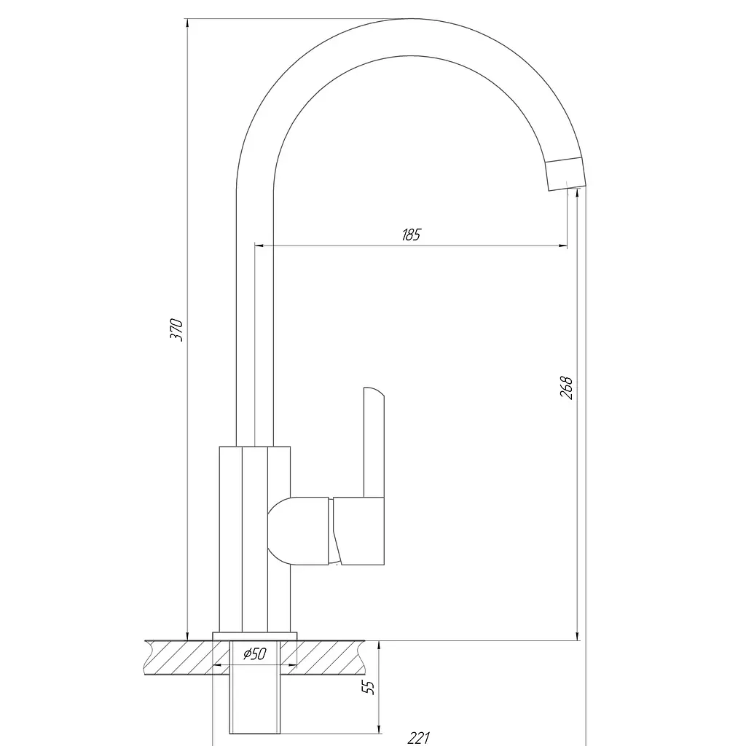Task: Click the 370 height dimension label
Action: (176, 329)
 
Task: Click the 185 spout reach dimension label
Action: (411, 235)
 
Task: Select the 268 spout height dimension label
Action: (565, 388)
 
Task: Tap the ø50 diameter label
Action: (254, 653)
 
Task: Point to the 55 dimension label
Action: (368, 687)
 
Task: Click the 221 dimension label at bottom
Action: (419, 738)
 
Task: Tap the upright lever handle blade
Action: (374, 442)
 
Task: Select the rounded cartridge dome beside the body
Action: (298, 531)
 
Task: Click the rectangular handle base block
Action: (358, 531)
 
